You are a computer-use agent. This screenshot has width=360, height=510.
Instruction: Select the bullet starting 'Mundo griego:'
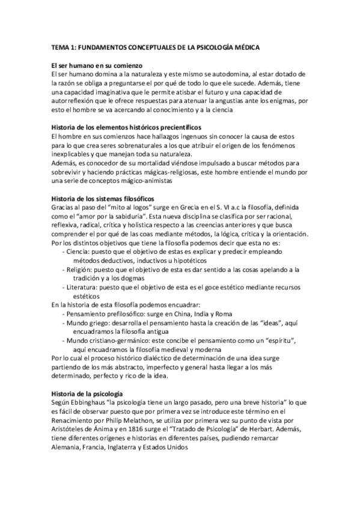[90, 324]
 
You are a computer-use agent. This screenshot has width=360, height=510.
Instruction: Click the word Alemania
[67, 447]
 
